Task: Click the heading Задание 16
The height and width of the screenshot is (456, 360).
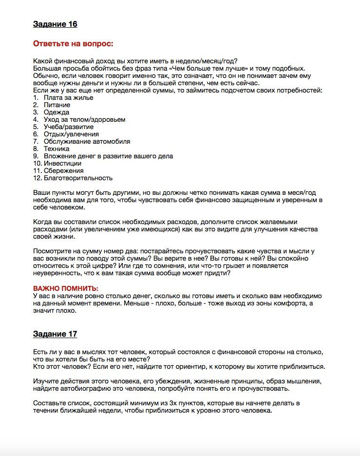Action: tap(55, 24)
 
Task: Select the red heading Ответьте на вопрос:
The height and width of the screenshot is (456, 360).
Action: tap(73, 44)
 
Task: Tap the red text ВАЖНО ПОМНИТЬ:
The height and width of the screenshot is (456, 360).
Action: tap(65, 288)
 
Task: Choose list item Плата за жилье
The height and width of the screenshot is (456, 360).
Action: tap(68, 97)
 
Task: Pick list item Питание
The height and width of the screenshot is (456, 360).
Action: tap(57, 105)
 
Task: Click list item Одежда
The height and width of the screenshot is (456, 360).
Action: tap(56, 112)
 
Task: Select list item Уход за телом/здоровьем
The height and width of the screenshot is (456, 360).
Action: tap(84, 119)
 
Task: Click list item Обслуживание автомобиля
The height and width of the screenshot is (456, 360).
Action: tap(87, 141)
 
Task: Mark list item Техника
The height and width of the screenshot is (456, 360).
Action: tap(57, 149)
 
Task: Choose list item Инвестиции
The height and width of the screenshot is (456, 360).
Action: tap(62, 164)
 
